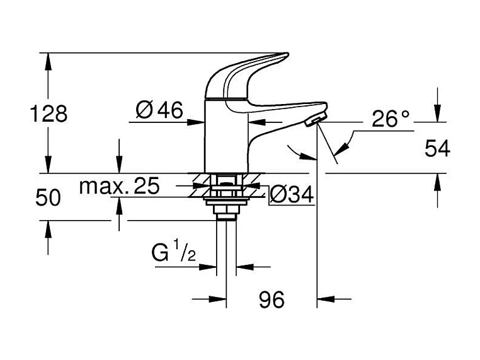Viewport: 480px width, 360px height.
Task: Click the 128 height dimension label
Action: (x=49, y=114)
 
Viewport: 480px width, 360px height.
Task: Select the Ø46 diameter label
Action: (x=159, y=111)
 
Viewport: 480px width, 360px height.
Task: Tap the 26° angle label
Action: (x=390, y=119)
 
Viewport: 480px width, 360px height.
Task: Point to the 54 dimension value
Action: (x=437, y=149)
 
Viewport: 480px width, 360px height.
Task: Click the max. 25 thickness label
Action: (x=120, y=186)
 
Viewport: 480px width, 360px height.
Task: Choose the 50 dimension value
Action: (x=48, y=197)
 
